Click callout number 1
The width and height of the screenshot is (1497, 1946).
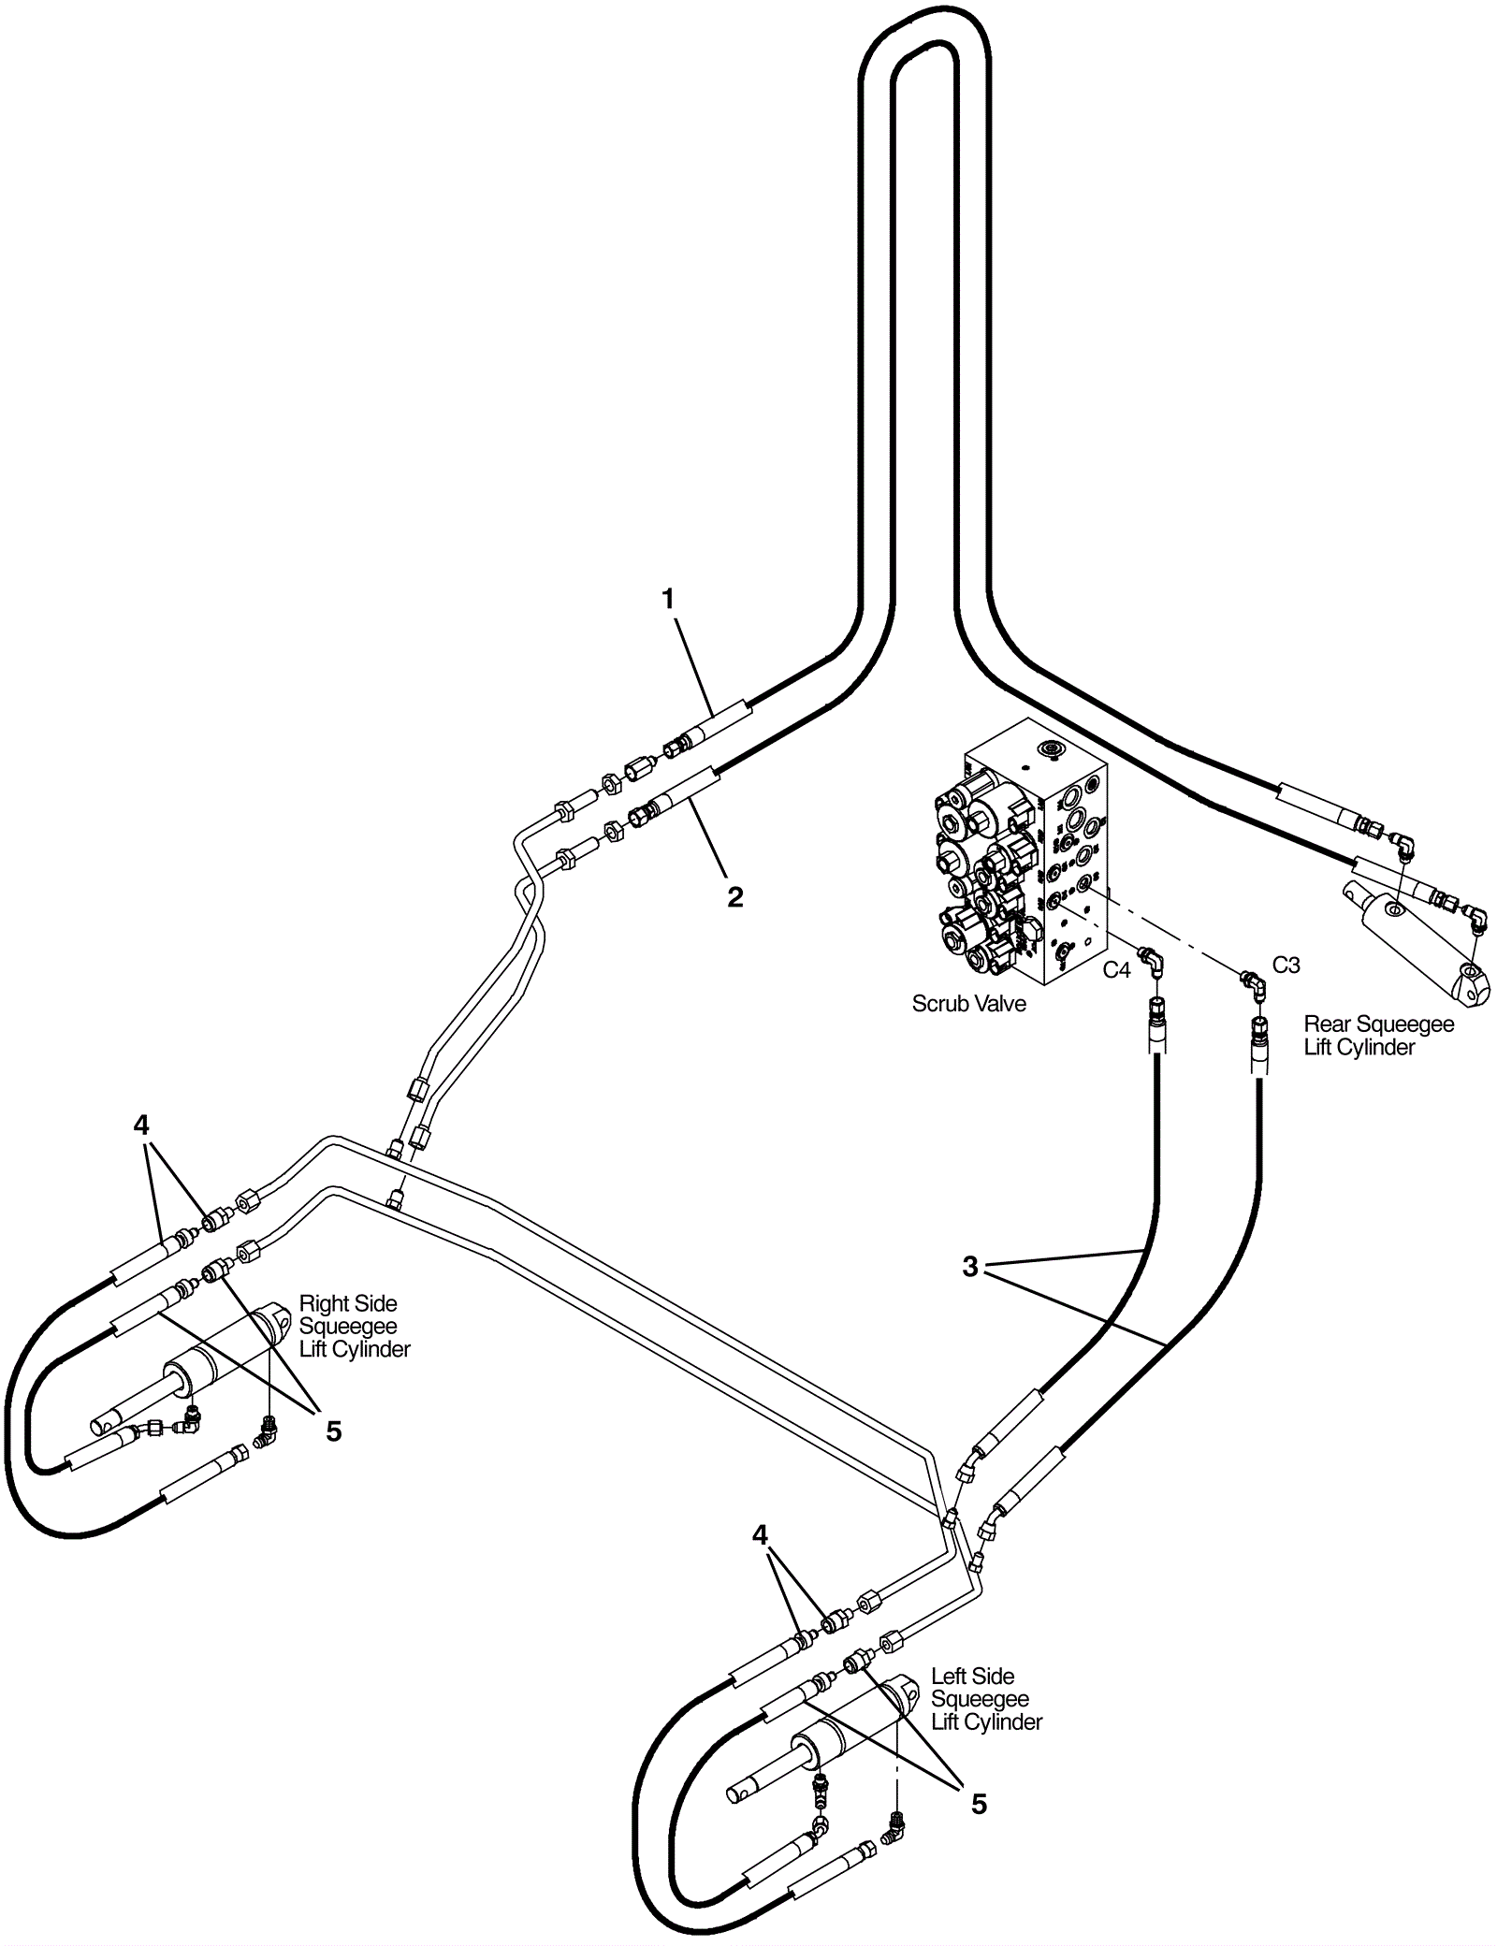668,600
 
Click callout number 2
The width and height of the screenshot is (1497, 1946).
735,897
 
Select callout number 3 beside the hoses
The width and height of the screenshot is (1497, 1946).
970,1267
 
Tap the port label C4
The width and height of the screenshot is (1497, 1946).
1116,970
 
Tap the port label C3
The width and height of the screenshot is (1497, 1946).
1286,965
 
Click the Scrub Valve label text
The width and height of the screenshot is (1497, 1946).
968,1004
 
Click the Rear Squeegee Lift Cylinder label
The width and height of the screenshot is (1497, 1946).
1378,1036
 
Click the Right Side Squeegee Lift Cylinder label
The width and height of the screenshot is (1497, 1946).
354,1327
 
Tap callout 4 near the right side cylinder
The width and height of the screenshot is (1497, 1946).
141,1125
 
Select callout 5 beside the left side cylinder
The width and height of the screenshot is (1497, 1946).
979,1804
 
